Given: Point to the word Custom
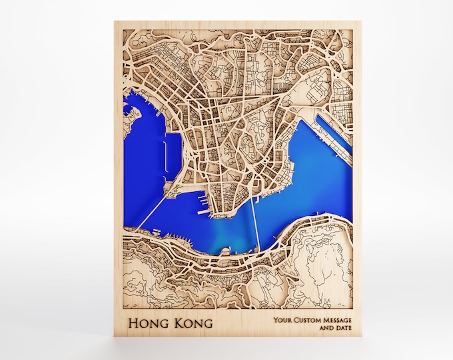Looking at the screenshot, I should pos(310,320).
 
